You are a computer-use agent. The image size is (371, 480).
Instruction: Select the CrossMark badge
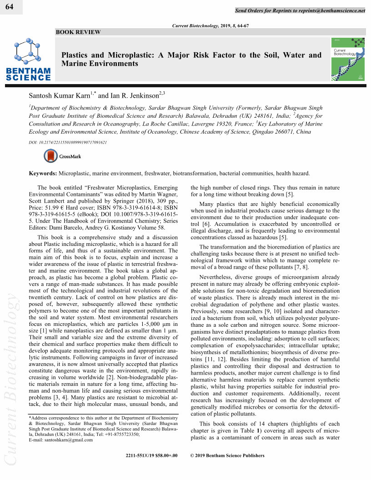[x=63, y=156]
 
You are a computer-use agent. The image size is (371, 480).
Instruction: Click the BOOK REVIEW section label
[x=78, y=32]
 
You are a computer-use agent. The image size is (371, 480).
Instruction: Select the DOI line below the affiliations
[x=68, y=142]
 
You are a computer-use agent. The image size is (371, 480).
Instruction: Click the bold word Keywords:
[x=43, y=173]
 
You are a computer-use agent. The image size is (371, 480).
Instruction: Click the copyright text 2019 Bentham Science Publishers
[x=227, y=455]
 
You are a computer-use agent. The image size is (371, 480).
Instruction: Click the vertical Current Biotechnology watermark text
[x=11, y=382]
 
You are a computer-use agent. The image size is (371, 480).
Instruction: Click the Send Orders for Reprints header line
[x=300, y=10]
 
